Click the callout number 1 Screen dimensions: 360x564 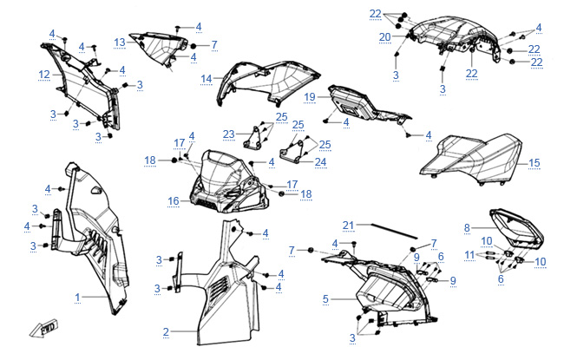(77, 297)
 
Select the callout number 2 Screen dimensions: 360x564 (166, 331)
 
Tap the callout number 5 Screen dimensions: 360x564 (325, 298)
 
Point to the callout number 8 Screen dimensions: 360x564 (467, 227)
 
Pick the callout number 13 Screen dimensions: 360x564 (120, 42)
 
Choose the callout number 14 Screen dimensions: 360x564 (207, 78)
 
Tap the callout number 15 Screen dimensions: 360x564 (534, 162)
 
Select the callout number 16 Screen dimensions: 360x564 (174, 200)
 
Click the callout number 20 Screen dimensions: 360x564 (384, 36)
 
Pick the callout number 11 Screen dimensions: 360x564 (469, 254)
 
